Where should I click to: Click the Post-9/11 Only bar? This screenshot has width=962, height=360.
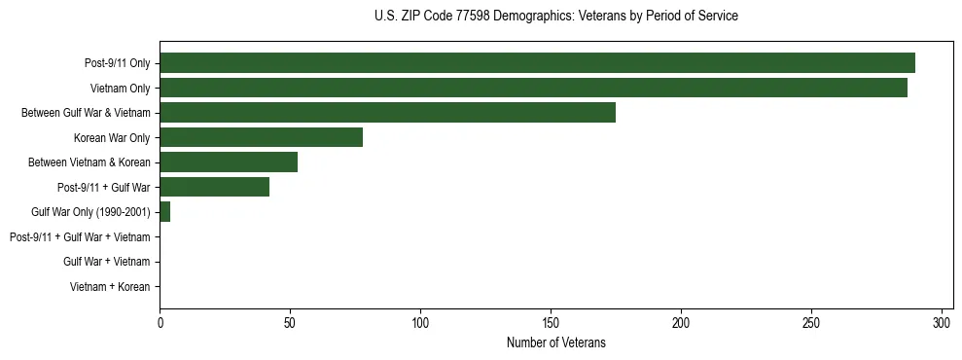(537, 63)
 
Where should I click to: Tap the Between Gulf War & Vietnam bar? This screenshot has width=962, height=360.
(387, 113)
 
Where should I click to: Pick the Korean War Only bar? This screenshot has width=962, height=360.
(261, 137)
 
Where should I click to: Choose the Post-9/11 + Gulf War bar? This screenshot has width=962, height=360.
(214, 187)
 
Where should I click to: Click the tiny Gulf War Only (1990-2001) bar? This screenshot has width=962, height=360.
(164, 212)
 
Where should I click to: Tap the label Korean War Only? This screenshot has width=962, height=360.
(112, 138)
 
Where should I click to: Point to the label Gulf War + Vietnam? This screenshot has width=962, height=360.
(106, 262)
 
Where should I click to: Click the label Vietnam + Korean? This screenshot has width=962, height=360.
(110, 287)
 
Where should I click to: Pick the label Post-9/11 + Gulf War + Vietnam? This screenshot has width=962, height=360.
(80, 237)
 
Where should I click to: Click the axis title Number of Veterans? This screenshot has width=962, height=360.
(555, 342)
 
